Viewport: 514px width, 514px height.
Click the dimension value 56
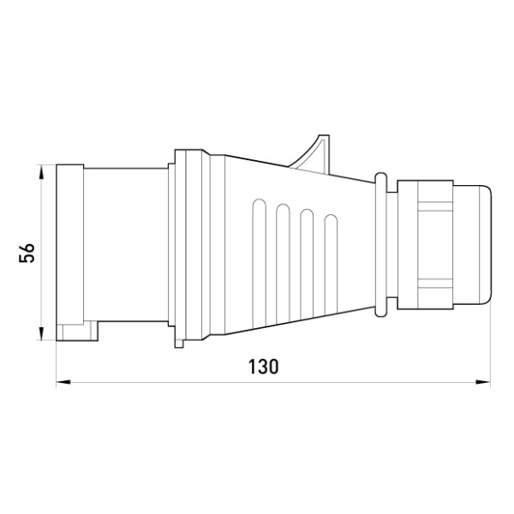pyautogui.click(x=27, y=253)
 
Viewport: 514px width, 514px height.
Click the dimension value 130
pyautogui.click(x=263, y=367)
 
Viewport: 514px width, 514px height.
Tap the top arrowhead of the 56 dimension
pyautogui.click(x=41, y=172)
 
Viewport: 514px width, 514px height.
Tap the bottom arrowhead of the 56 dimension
pyautogui.click(x=41, y=333)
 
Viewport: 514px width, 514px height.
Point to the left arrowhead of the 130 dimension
pyautogui.click(x=63, y=382)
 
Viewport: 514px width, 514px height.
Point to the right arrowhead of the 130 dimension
pyautogui.click(x=483, y=382)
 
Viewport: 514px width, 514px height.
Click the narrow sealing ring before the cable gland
pyautogui.click(x=381, y=244)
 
